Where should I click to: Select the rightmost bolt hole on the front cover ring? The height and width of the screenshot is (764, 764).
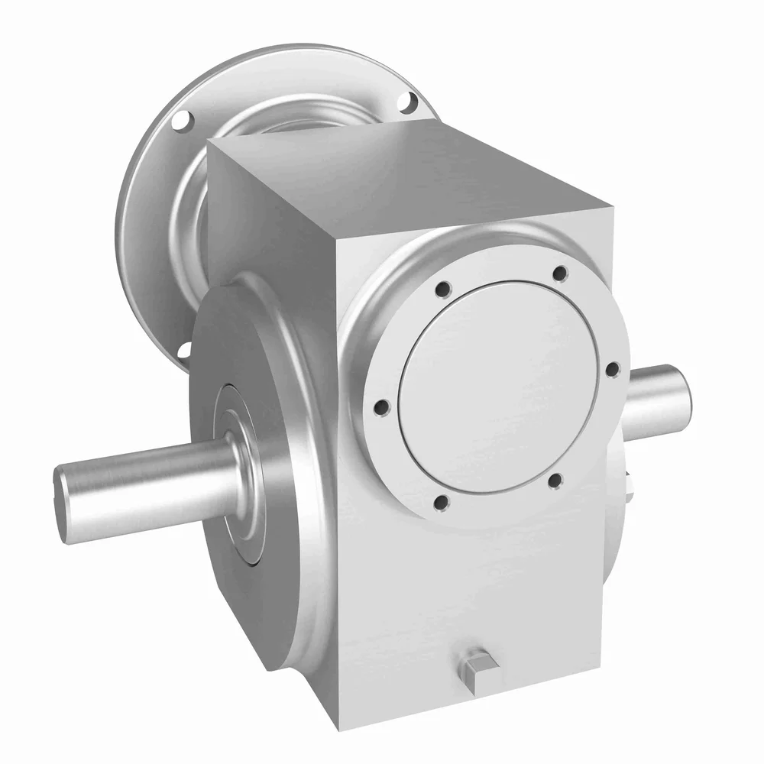pos(612,369)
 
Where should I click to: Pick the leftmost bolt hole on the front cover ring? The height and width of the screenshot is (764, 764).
pos(384,407)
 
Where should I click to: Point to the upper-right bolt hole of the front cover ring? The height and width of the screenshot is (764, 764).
pos(560,273)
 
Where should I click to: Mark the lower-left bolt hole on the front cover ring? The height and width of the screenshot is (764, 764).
pos(440,502)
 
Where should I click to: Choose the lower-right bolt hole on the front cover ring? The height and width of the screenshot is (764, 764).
pos(555,481)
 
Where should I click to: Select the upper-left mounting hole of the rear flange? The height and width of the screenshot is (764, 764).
pos(181,120)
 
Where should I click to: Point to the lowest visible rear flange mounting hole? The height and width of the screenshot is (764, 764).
pos(183,350)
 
